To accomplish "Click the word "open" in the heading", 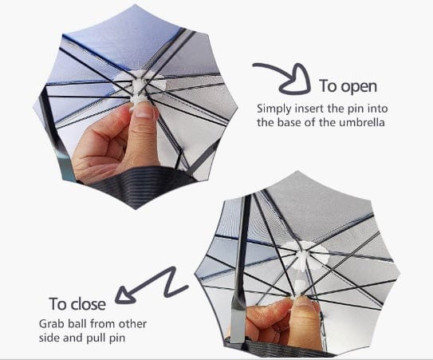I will point(359,86).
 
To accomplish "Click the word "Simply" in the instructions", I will point(273,107).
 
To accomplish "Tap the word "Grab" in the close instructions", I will point(52,325).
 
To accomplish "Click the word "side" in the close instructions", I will point(50,339).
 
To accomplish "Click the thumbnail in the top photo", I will point(143,112).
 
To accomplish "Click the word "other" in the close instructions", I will point(132,325).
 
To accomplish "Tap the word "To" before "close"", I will point(58,304).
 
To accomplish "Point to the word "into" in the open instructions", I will point(368,107).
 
